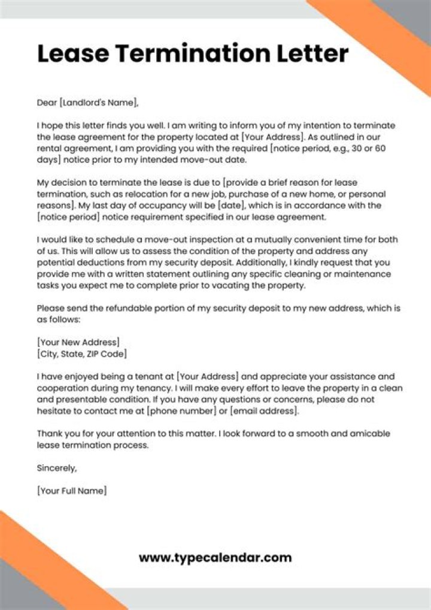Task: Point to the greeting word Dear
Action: [x=47, y=102]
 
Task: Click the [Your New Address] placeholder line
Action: [x=78, y=342]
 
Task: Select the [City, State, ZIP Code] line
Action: [x=82, y=354]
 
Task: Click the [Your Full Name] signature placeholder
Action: [x=72, y=491]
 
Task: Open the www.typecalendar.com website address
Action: [x=215, y=558]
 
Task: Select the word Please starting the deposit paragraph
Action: [x=52, y=309]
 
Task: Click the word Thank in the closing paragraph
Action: [x=50, y=433]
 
